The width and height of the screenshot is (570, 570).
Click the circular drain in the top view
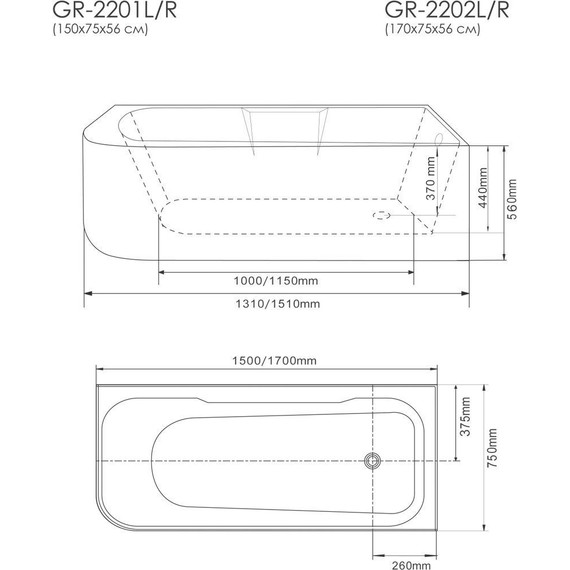point(372,460)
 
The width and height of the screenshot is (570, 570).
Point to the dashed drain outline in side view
point(380,213)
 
